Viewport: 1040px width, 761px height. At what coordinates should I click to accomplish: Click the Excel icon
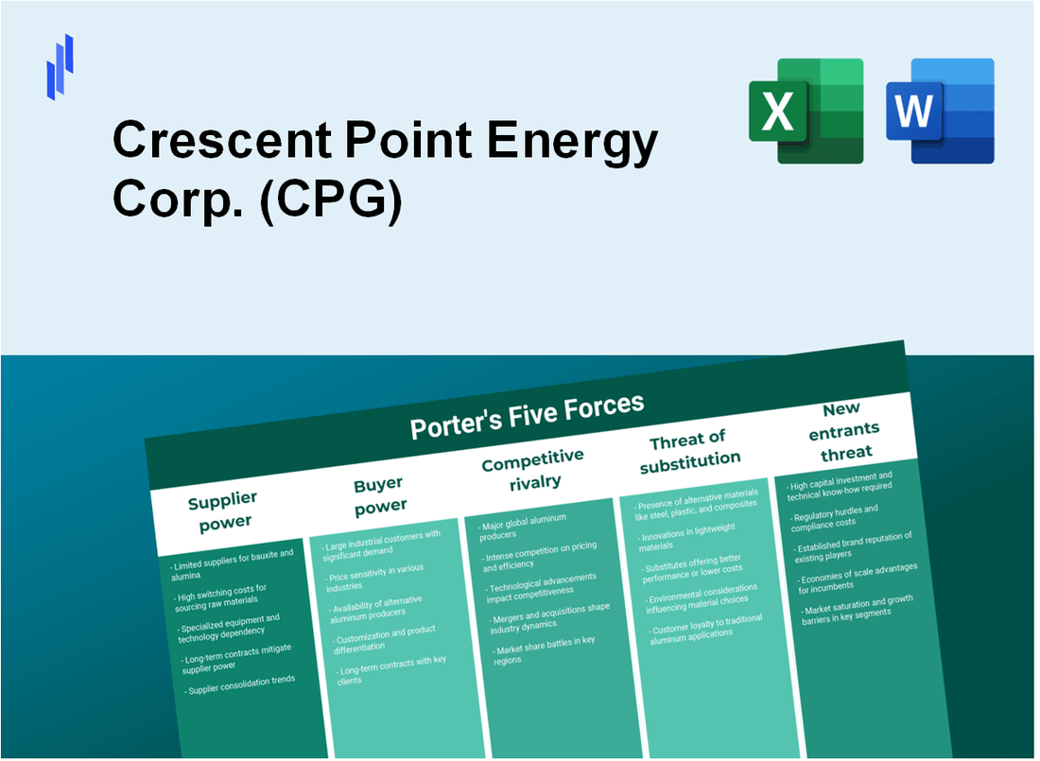806,111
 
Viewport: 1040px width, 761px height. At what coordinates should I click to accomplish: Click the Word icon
940,111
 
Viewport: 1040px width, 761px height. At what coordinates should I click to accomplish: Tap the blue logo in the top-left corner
61,66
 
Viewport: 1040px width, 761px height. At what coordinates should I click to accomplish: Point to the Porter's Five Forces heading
527,416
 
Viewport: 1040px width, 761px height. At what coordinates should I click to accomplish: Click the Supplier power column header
222,510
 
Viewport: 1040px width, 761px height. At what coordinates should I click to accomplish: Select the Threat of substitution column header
689,451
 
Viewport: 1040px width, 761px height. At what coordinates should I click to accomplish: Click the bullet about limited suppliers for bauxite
233,562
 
